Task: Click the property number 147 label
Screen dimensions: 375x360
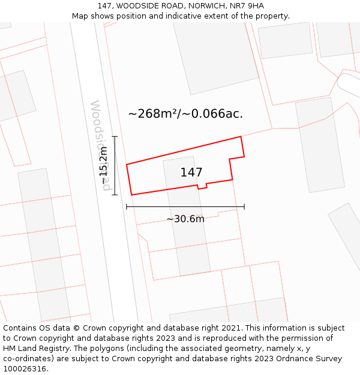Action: (x=191, y=172)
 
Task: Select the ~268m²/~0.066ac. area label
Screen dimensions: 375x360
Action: (x=185, y=113)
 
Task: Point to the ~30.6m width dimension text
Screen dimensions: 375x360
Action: (x=185, y=219)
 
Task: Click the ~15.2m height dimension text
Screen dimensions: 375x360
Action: (x=103, y=166)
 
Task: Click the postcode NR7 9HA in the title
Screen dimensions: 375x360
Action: (x=247, y=6)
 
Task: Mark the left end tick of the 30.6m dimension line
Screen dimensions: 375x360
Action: (x=127, y=207)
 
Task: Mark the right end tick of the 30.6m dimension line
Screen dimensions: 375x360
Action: (x=244, y=207)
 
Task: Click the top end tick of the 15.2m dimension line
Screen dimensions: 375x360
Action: (x=115, y=137)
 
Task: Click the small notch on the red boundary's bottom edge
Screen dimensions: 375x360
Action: (x=202, y=187)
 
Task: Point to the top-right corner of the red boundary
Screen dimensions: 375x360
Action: (x=241, y=137)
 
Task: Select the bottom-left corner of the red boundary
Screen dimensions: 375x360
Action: (x=131, y=195)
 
